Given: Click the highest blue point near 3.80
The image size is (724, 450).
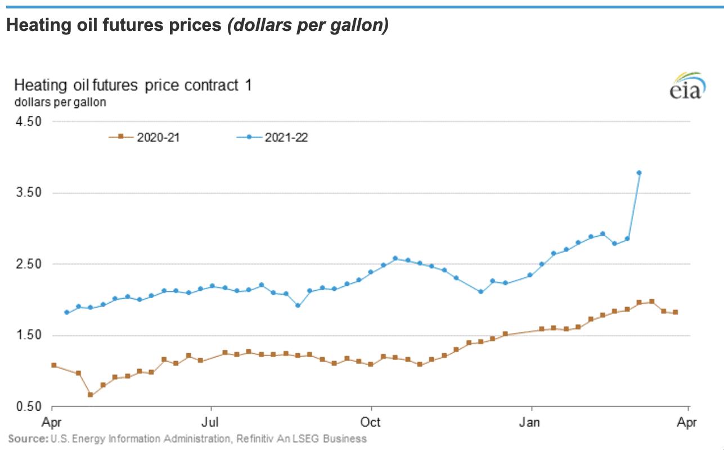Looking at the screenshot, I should (x=639, y=173).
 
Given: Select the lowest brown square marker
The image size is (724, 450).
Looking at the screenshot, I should (x=91, y=395).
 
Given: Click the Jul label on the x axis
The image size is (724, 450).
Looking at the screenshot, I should (x=211, y=422).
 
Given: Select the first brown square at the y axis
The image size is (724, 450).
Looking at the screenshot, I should (x=54, y=365).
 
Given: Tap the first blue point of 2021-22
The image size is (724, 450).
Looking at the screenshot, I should (x=66, y=312).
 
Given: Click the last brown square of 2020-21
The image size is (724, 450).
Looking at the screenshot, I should (x=676, y=312).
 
